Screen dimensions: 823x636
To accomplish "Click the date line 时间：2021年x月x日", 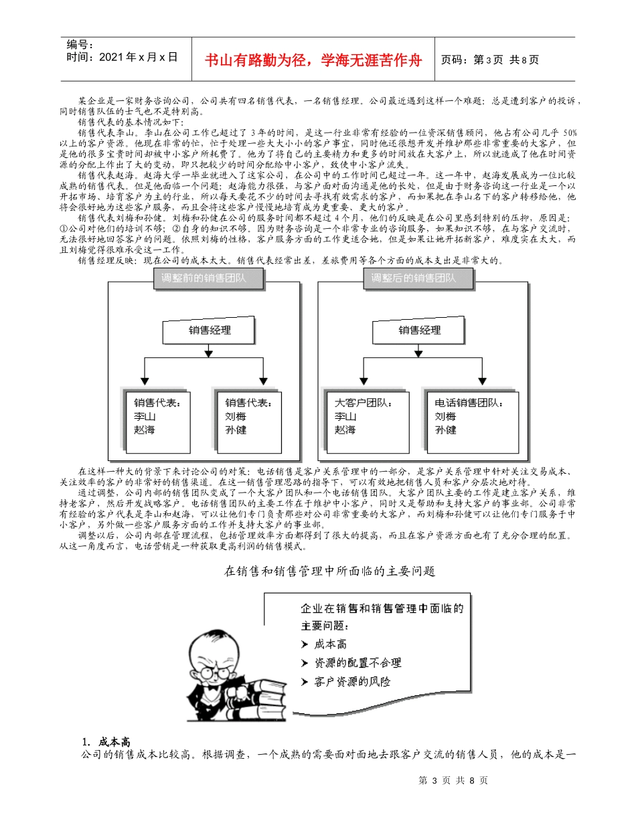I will click(123, 58).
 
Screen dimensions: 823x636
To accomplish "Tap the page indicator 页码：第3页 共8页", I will click(490, 60).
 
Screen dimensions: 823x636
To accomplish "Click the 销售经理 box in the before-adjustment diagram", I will click(209, 330).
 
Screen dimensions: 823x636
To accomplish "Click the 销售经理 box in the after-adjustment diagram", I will click(419, 330).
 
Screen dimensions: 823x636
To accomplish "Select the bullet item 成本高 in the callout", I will click(329, 644).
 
